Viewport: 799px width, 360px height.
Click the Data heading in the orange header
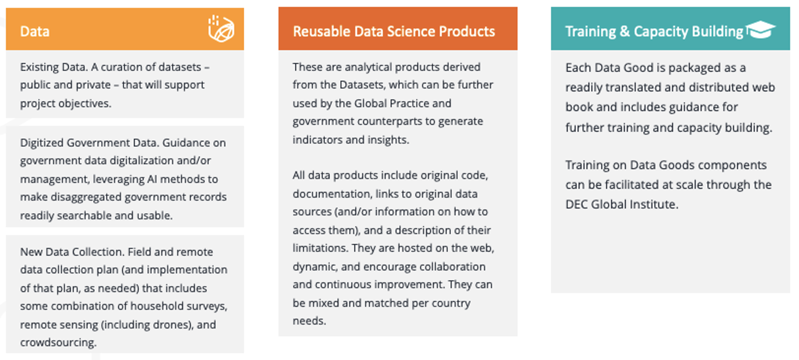tap(35, 32)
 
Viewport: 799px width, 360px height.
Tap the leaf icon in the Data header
tap(221, 29)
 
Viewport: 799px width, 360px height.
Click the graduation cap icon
tap(760, 30)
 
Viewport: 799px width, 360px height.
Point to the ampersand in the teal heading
tap(624, 32)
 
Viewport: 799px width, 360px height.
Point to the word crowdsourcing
tap(58, 342)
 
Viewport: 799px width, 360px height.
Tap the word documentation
tap(332, 194)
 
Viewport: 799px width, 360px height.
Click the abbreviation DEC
tap(576, 204)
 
